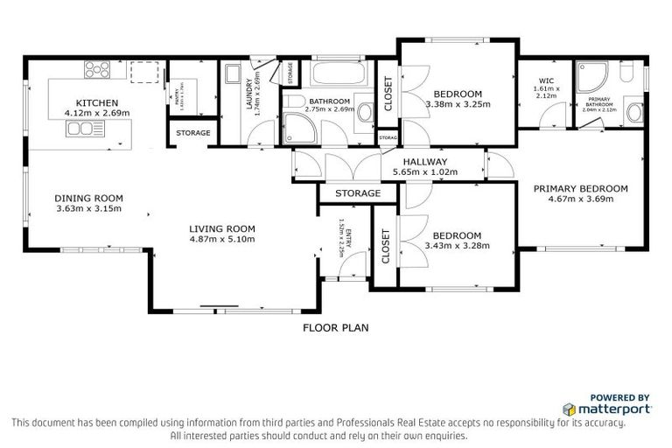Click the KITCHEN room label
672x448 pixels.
(91, 102)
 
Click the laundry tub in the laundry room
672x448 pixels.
(231, 75)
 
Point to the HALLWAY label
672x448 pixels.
(425, 162)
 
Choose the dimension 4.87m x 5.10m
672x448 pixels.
(221, 239)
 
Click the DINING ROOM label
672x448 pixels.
(88, 198)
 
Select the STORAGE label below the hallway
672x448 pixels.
(357, 193)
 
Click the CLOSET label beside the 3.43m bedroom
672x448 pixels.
(386, 247)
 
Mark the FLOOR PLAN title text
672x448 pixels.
(335, 328)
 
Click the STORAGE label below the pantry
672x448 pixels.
(192, 133)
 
